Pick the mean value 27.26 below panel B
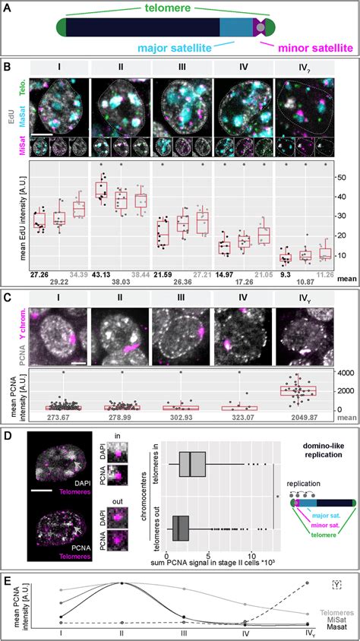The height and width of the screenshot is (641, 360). (40, 273)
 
